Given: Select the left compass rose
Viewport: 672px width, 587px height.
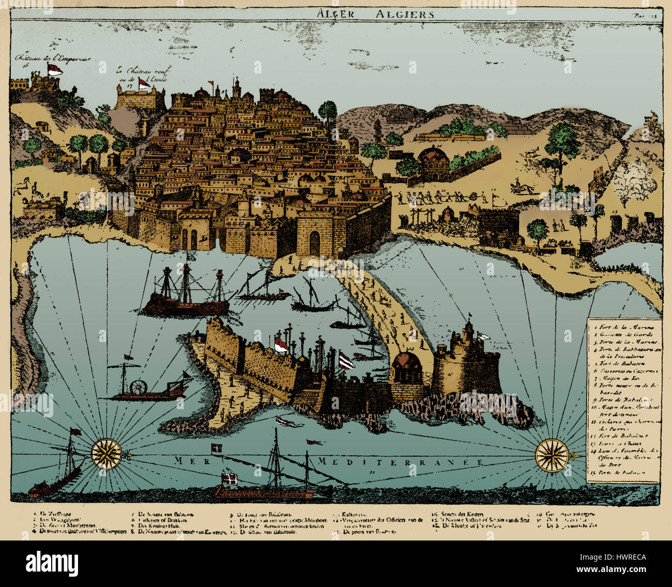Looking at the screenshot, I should pos(106,454).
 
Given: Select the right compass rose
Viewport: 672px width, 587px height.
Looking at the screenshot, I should pos(552,455).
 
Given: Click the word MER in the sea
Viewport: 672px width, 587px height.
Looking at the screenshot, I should pos(187,460).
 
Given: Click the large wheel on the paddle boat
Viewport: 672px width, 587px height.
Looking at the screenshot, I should pos(139,388).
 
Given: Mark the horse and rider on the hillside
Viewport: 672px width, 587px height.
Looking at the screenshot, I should pos(521,188).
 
